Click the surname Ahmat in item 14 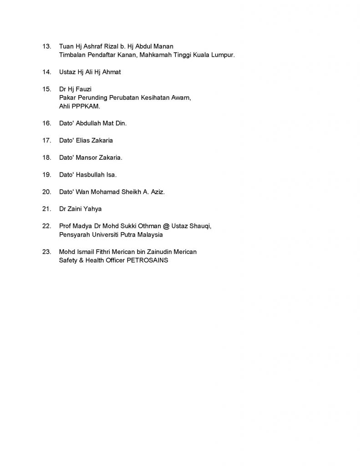pyautogui.click(x=112, y=72)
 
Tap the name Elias pyautogui.click(x=85, y=141)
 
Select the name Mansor pyautogui.click(x=88, y=157)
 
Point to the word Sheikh pyautogui.click(x=132, y=192)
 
